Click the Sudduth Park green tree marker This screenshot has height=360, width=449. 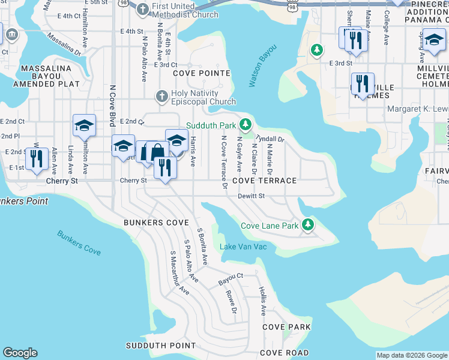pos(245,125)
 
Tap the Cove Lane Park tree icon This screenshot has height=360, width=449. pos(308,224)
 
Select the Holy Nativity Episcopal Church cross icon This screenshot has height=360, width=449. pos(161,96)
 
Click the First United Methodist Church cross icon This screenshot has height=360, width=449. pos(142,8)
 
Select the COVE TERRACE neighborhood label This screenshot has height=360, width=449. pos(264,181)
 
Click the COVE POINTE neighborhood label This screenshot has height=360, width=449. pos(202,73)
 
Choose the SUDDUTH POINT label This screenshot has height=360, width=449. pos(160,346)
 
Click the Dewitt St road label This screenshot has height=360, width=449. pos(251,196)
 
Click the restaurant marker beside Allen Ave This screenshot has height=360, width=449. pos(37,159)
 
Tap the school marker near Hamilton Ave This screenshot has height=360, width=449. pos(84,126)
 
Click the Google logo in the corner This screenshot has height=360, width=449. pos(20,353)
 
